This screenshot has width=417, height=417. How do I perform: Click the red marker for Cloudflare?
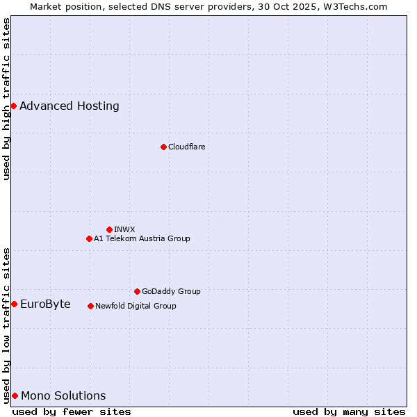(x=163, y=147)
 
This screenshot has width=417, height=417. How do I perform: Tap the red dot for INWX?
(x=109, y=229)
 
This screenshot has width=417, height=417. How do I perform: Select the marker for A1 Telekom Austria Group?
(x=89, y=238)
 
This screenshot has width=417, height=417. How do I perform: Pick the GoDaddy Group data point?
(x=137, y=291)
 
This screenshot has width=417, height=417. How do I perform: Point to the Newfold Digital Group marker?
(x=90, y=306)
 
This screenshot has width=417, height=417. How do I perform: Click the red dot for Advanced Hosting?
(x=13, y=106)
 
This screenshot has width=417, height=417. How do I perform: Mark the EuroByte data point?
(x=14, y=304)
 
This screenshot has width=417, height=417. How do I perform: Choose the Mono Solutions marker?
(x=15, y=395)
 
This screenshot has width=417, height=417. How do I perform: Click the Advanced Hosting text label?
(x=69, y=106)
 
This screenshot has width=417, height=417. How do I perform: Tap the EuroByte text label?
(x=45, y=304)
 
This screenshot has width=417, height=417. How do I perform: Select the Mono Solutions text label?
(x=63, y=395)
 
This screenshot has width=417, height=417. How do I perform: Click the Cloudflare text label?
(x=186, y=147)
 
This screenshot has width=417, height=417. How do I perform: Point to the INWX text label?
(x=124, y=229)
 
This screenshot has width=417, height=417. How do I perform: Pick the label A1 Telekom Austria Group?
(x=142, y=238)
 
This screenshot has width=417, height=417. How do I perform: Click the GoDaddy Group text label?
(x=171, y=291)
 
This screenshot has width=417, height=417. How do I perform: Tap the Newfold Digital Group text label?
(x=136, y=306)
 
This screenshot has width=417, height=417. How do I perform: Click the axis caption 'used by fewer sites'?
(x=72, y=411)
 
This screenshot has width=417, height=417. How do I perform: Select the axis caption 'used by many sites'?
(x=349, y=411)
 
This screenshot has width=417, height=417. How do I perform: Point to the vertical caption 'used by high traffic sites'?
(x=6, y=99)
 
